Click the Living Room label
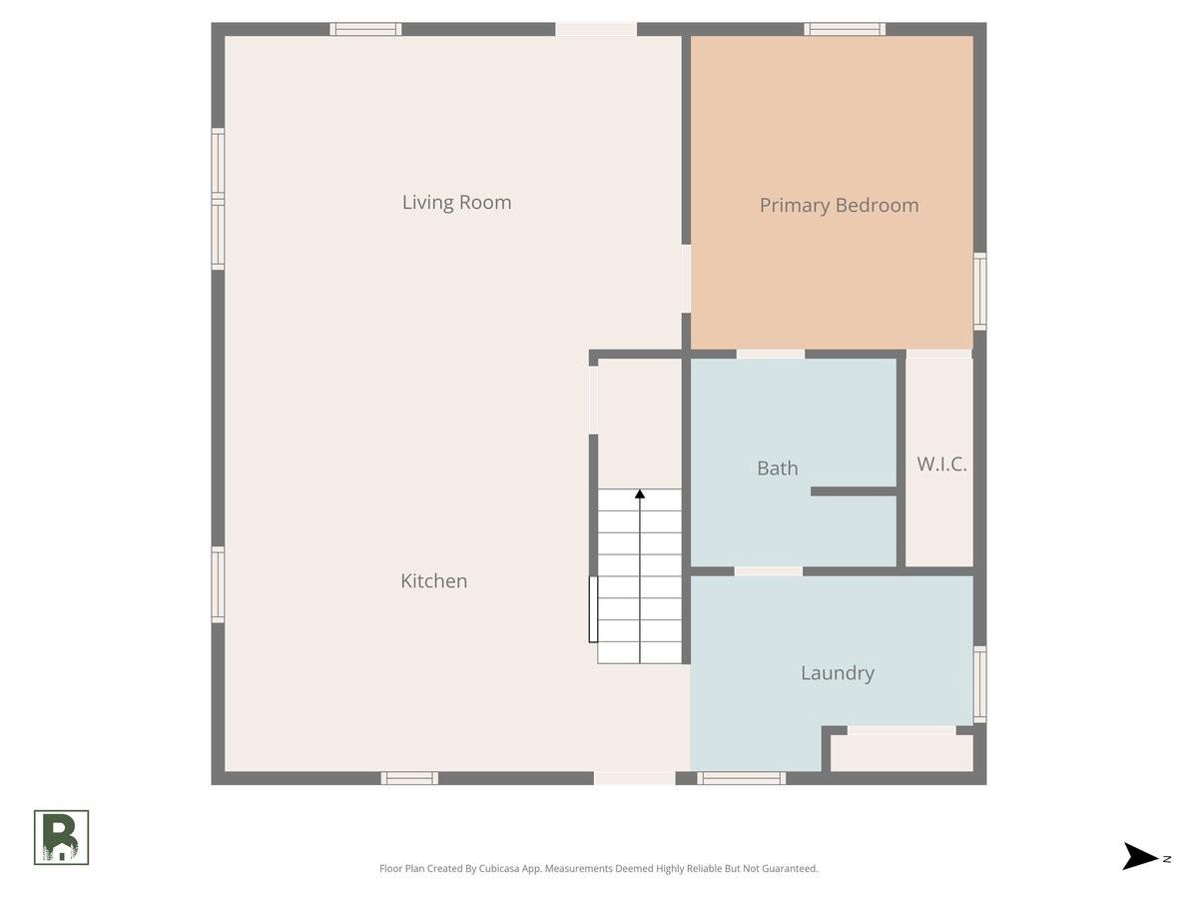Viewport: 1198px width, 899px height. click(x=456, y=203)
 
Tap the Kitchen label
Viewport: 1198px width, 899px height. click(x=434, y=580)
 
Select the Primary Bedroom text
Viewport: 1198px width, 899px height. click(x=839, y=205)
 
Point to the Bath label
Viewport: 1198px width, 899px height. click(x=777, y=468)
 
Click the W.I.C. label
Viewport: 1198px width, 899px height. click(x=941, y=463)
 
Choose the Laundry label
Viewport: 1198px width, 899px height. click(x=838, y=673)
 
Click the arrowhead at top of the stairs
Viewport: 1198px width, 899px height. click(x=640, y=493)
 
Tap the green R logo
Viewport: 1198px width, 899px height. click(x=61, y=838)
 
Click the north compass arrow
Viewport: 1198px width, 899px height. click(x=1140, y=856)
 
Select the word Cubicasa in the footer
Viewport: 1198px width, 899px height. click(x=499, y=868)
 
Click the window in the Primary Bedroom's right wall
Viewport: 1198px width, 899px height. click(x=979, y=292)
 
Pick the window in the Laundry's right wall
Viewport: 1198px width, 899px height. click(x=979, y=684)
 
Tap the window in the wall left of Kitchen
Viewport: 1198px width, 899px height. click(x=218, y=584)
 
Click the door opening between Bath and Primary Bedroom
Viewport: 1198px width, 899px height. click(x=770, y=355)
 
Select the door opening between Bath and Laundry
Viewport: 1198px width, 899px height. click(x=768, y=571)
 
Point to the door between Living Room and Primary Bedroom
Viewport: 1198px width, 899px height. click(x=686, y=279)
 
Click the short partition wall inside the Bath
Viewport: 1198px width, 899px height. click(x=854, y=491)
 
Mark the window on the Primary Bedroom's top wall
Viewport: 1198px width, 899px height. click(x=845, y=29)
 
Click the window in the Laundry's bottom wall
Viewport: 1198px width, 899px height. click(x=741, y=778)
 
